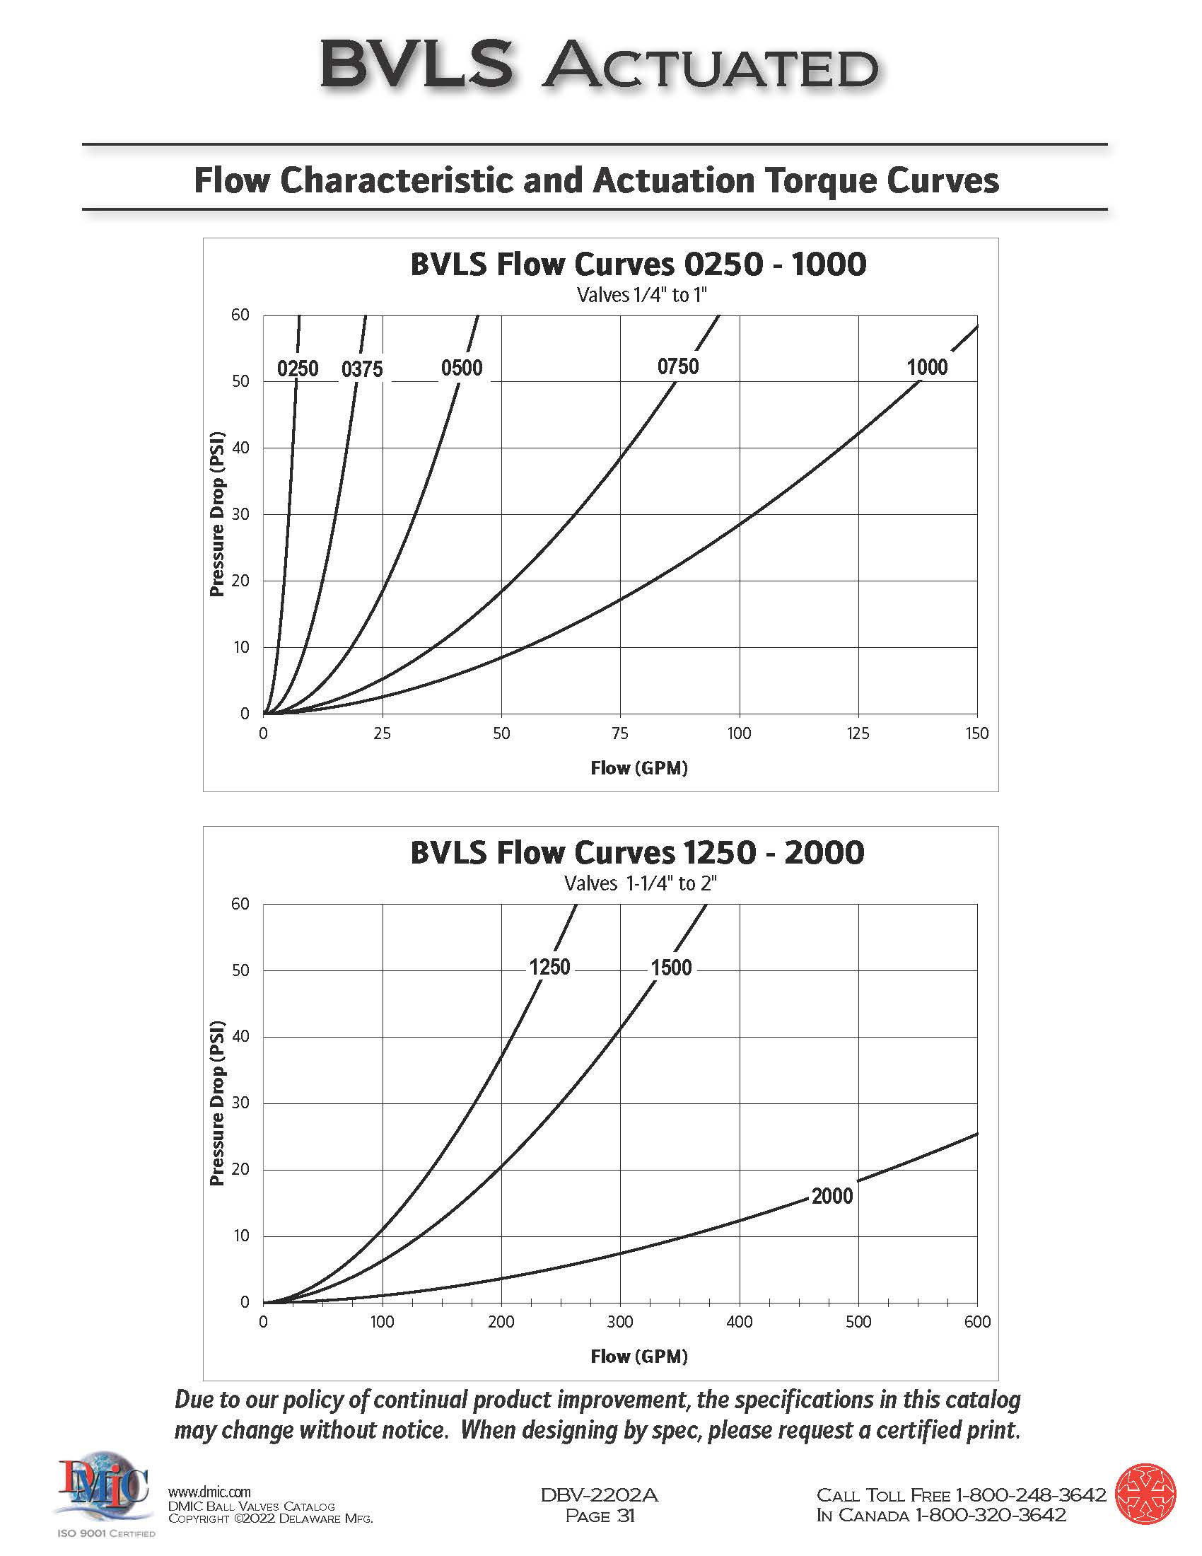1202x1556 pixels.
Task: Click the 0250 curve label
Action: pyautogui.click(x=298, y=369)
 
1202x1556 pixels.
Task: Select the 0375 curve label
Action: pyautogui.click(x=362, y=369)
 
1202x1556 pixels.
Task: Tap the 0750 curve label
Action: pyautogui.click(x=678, y=367)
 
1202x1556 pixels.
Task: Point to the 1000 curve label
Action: pyautogui.click(x=926, y=368)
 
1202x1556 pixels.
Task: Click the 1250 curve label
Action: pyautogui.click(x=549, y=968)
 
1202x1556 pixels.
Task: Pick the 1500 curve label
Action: pyautogui.click(x=671, y=968)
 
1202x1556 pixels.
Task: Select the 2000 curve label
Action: pyautogui.click(x=832, y=1196)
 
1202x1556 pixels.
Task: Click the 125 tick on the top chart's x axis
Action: pyautogui.click(x=858, y=734)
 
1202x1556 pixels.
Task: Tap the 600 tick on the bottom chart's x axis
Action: pyautogui.click(x=977, y=1323)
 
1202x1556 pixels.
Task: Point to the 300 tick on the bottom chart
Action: pyautogui.click(x=619, y=1323)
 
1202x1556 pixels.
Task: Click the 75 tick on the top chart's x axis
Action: pyautogui.click(x=619, y=734)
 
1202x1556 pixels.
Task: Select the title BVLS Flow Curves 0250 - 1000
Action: pyautogui.click(x=638, y=265)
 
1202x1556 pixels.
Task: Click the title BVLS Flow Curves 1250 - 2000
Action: pyautogui.click(x=637, y=853)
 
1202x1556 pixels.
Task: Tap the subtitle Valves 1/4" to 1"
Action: pyautogui.click(x=641, y=295)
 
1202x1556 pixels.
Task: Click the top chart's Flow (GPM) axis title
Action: pyautogui.click(x=638, y=768)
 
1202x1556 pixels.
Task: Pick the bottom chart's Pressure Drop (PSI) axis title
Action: pyautogui.click(x=217, y=1103)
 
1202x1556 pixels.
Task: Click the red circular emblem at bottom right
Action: pyautogui.click(x=1145, y=1494)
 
